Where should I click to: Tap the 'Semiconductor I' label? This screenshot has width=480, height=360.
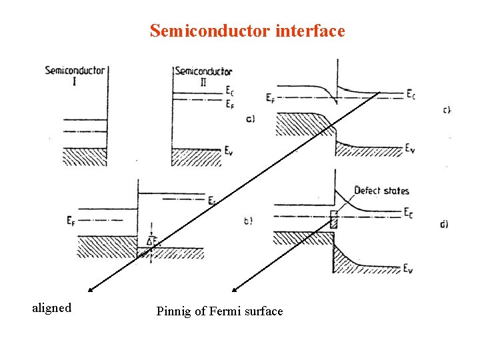tap(75, 75)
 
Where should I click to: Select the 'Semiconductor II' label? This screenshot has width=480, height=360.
tap(203, 75)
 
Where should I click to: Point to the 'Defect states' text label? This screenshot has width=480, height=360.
tap(381, 191)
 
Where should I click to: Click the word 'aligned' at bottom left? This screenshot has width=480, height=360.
tap(52, 308)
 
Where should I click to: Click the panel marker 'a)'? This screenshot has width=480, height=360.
tap(250, 119)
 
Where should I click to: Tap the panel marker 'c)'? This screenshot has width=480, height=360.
tap(447, 110)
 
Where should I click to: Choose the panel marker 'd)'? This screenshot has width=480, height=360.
tap(444, 225)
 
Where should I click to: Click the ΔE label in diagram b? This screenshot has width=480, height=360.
tap(152, 241)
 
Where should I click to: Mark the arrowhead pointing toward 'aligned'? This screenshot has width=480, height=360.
tap(90, 290)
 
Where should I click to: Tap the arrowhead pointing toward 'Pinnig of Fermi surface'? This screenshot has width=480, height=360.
tap(234, 290)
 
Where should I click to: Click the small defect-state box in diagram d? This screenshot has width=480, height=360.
tap(334, 219)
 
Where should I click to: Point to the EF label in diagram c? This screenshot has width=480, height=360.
tap(270, 99)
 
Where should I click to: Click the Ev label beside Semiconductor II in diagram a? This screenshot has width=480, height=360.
tap(230, 151)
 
